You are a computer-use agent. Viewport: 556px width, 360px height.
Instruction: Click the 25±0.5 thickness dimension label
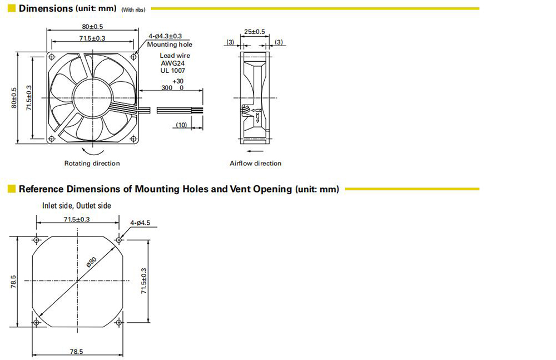point(254,32)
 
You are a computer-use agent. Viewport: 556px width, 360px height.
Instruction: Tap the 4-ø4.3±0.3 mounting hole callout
point(165,36)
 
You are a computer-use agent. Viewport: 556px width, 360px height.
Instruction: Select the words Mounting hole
point(170,45)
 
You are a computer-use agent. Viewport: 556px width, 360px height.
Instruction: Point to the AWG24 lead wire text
point(173,63)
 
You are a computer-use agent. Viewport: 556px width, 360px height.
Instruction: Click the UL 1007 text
point(173,70)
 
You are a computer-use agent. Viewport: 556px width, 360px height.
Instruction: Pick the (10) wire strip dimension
point(181,125)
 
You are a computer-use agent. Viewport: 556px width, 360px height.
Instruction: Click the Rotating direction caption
point(92,164)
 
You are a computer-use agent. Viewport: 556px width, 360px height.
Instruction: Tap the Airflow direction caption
point(255,164)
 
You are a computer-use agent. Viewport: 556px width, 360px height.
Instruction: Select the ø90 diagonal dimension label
point(92,262)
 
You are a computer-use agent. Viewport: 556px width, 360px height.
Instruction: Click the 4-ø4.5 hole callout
point(140,223)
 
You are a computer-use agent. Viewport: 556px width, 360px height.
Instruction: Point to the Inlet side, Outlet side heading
point(77,205)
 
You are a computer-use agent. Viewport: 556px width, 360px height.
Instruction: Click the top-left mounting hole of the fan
point(52,57)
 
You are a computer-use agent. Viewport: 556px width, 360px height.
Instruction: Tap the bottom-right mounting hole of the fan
point(133,139)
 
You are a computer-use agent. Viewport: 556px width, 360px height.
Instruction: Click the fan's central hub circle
point(92,97)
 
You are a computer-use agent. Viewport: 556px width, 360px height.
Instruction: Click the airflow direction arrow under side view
point(255,151)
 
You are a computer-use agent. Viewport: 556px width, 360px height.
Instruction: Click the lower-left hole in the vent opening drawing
point(36,322)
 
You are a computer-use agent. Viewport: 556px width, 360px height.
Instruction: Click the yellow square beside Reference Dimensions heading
point(12,189)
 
